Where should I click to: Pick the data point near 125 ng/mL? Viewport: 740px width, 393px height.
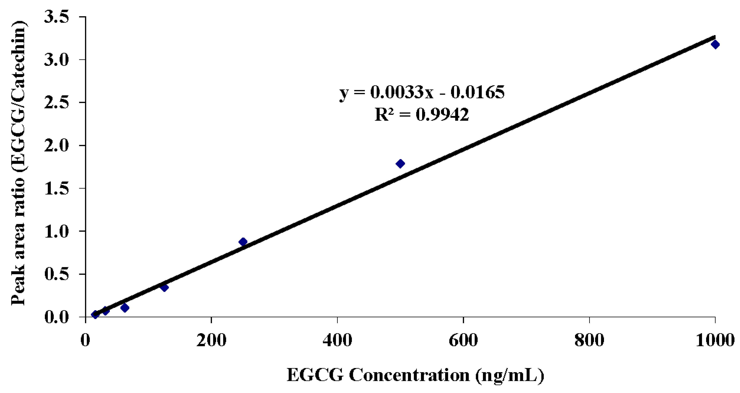coord(164,287)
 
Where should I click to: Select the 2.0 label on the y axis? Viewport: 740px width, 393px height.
coord(56,146)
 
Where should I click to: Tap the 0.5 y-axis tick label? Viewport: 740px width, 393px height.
coord(56,274)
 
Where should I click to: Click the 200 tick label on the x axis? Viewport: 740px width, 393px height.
coord(211,340)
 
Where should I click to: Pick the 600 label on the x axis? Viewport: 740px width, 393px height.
coord(463,340)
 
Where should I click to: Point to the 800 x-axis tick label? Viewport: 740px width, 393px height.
coord(589,340)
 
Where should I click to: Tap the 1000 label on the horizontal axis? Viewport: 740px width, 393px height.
coord(715,340)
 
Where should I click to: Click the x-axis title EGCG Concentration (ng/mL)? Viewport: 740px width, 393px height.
coord(415,375)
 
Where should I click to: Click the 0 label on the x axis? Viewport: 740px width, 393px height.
coord(85,340)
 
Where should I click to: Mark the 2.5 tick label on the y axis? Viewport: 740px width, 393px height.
coord(56,103)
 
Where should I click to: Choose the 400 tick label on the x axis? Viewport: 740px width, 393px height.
coord(337,340)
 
